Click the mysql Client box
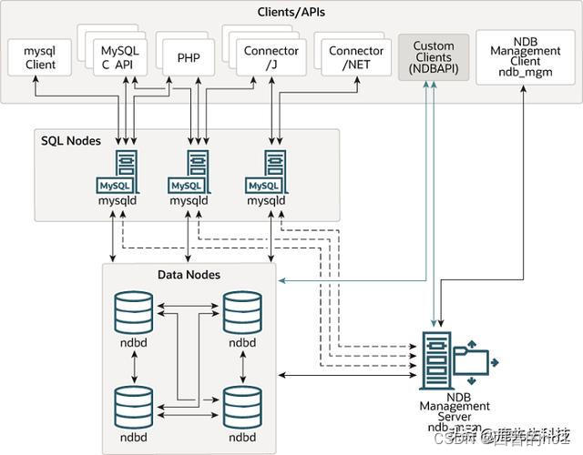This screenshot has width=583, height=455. tap(40, 58)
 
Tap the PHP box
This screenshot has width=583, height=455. tap(189, 57)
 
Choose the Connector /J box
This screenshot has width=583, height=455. tap(265, 57)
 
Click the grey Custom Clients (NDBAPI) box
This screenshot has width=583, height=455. tap(434, 57)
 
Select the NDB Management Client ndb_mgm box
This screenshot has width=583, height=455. tap(525, 57)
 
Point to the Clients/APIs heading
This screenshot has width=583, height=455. tap(291, 13)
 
